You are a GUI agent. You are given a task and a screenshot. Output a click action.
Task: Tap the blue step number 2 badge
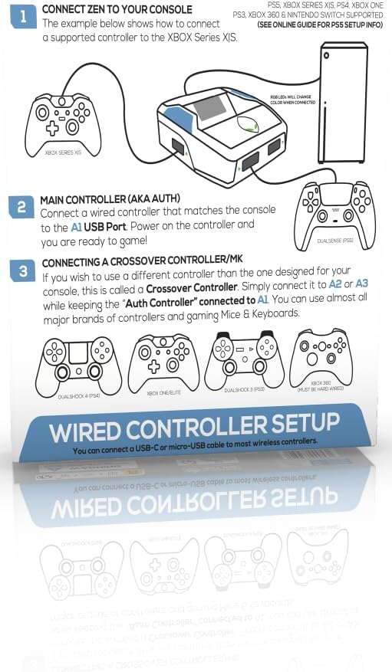pyautogui.click(x=21, y=207)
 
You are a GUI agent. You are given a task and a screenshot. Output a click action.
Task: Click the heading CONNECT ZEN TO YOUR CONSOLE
pyautogui.click(x=117, y=9)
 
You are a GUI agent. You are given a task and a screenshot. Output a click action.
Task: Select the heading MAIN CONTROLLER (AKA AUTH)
pyautogui.click(x=110, y=199)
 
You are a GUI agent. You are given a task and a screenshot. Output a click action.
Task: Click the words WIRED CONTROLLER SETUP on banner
pyautogui.click(x=195, y=426)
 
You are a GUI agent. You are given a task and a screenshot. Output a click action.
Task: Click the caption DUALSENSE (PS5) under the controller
pyautogui.click(x=334, y=241)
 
